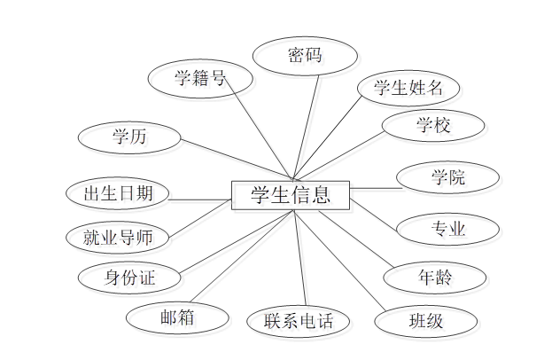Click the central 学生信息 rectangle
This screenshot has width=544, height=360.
(291, 195)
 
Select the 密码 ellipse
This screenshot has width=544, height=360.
(305, 56)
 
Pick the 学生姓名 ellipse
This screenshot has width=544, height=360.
(408, 88)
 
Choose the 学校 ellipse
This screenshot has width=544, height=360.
(433, 125)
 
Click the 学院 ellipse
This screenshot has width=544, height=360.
(447, 176)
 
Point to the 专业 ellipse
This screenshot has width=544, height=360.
(447, 229)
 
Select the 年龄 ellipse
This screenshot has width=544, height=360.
(435, 277)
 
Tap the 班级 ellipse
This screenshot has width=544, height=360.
(424, 320)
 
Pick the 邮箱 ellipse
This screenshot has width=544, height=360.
(177, 316)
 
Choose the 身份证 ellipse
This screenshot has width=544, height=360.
(130, 278)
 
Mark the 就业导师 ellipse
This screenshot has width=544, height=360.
(118, 237)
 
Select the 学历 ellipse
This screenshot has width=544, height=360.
(130, 137)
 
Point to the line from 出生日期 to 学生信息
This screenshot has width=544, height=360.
(200, 200)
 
